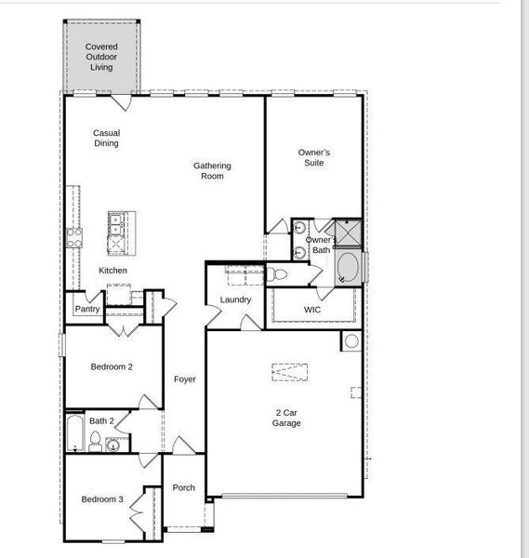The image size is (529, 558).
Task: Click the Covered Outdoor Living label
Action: click(101, 57)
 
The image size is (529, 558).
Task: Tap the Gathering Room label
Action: click(212, 171)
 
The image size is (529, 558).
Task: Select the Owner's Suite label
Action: click(313, 158)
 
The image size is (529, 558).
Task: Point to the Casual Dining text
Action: click(106, 138)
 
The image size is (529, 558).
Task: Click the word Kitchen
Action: click(112, 271)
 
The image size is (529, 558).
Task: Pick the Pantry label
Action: click(87, 309)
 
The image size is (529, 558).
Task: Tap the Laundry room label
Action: click(235, 300)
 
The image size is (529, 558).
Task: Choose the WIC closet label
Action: click(312, 310)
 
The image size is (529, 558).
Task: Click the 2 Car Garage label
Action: click(286, 418)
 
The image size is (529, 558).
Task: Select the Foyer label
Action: click(185, 379)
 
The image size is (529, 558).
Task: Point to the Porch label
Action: click(183, 487)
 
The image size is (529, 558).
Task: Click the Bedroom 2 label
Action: click(112, 367)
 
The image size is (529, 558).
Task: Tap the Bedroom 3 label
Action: click(102, 499)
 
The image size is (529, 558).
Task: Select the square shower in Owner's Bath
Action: click(349, 232)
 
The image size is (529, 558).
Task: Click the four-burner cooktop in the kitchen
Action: click(74, 238)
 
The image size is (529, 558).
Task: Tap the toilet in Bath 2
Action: click(95, 442)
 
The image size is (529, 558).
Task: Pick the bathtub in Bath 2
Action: click(75, 433)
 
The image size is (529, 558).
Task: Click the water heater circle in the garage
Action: click(351, 341)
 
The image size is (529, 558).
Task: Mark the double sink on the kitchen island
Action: click(115, 225)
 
